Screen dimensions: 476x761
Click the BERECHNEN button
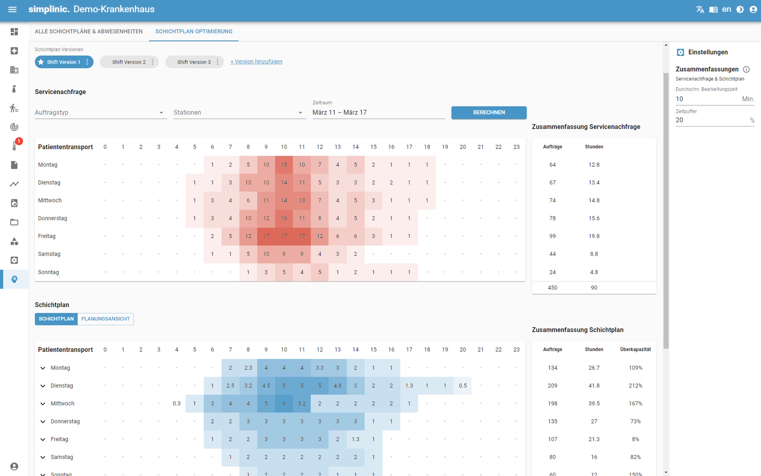489,113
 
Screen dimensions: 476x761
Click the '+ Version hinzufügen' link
256,62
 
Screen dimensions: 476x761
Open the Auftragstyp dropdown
101,113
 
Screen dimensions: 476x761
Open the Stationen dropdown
239,113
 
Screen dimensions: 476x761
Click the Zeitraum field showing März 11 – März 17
378,113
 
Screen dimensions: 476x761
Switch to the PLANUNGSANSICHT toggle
105,319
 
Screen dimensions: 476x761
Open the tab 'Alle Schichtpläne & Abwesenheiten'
89,32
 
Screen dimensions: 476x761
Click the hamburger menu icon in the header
12,9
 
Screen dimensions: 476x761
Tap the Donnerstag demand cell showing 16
284,218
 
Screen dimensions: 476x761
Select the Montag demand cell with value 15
284,165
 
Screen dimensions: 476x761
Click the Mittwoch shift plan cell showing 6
284,404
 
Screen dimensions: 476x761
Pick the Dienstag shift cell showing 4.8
337,386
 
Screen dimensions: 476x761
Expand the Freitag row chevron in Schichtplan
43,440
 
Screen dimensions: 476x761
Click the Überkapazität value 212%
635,386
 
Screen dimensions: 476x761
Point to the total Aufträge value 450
552,288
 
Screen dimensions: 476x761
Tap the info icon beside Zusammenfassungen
746,69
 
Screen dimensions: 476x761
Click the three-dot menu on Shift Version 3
218,62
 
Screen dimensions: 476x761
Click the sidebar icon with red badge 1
14,146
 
